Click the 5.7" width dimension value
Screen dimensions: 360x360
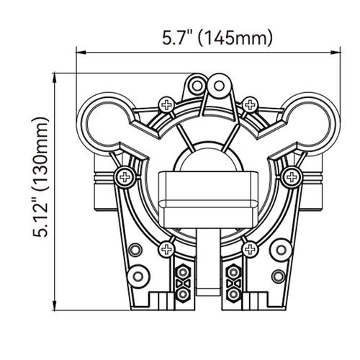click(x=176, y=37)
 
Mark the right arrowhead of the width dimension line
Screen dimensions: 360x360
click(x=336, y=52)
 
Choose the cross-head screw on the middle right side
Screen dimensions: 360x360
click(x=292, y=175)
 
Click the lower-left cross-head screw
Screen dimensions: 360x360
click(x=168, y=249)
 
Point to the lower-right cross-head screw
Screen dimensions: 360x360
click(x=249, y=249)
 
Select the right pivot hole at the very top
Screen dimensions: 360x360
click(x=220, y=86)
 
